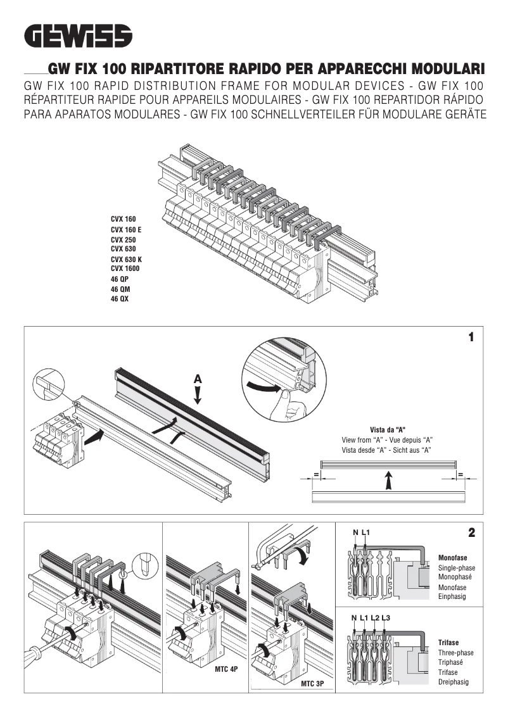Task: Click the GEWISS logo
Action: pyautogui.click(x=79, y=35)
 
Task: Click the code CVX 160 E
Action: pyautogui.click(x=126, y=229)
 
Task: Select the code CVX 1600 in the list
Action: pyautogui.click(x=125, y=268)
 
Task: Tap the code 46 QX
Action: pyautogui.click(x=120, y=299)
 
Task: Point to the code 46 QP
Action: pyautogui.click(x=120, y=279)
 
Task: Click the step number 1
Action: pyautogui.click(x=471, y=337)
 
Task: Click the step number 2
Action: pyautogui.click(x=471, y=533)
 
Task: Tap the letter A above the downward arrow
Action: pyautogui.click(x=198, y=379)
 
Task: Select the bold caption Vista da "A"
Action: pyautogui.click(x=388, y=430)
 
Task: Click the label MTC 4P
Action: pyautogui.click(x=225, y=669)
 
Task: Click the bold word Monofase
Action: pyautogui.click(x=453, y=558)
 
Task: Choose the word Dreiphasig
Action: pyautogui.click(x=454, y=682)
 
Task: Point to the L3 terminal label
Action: pyautogui.click(x=386, y=617)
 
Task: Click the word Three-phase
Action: pyautogui.click(x=456, y=653)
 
